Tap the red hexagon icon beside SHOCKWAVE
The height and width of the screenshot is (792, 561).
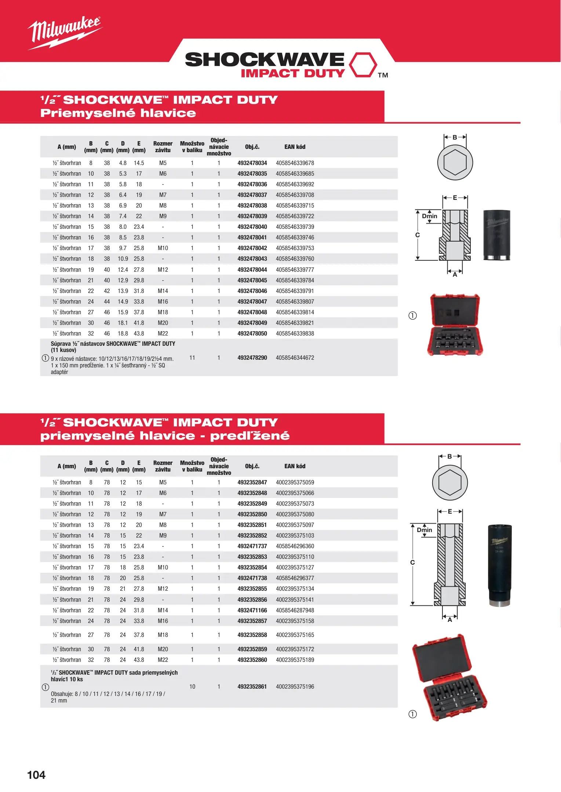coord(363,65)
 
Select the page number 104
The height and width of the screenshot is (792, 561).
coord(36,775)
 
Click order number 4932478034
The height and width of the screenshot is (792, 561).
coord(252,163)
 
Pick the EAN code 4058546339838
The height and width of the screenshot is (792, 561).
coord(295,334)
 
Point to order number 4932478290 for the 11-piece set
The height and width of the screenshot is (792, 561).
coord(252,358)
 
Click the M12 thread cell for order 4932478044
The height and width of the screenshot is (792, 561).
coord(163,270)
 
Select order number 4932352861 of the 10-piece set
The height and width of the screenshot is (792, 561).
coord(252,687)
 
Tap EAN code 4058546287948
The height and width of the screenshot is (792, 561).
coord(295,610)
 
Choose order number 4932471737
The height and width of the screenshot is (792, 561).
coord(252,546)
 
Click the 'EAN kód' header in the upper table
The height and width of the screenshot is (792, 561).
coord(295,147)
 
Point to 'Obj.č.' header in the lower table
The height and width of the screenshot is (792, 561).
coord(252,466)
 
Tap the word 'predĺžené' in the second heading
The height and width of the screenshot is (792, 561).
coord(250,436)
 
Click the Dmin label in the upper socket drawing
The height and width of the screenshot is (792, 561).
coord(430,216)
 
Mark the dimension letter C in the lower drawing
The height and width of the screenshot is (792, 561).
coord(412,562)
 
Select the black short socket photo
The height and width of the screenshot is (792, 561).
coord(496,235)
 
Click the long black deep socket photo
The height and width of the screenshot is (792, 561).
coord(499,565)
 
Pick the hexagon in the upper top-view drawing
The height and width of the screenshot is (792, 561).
coord(455,162)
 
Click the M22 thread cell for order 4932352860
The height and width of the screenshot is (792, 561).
coord(163,660)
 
